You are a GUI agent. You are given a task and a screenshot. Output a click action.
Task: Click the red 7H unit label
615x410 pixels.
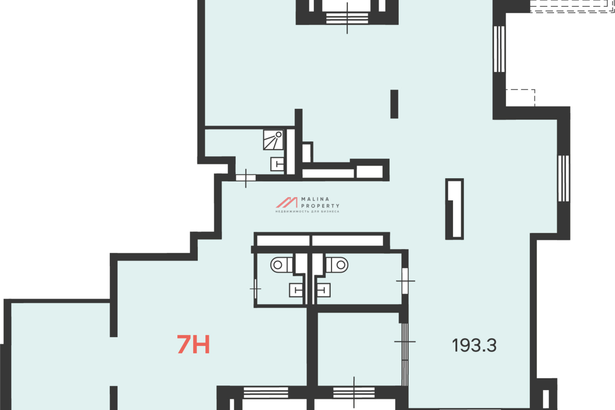click(x=193, y=344)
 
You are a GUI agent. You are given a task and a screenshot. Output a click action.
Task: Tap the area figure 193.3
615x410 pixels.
click(x=474, y=345)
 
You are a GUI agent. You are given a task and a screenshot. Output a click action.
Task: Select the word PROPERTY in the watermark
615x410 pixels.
click(x=320, y=206)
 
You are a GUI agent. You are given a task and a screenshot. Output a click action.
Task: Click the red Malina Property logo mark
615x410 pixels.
click(x=286, y=202)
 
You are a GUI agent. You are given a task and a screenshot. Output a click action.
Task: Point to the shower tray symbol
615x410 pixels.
click(x=273, y=140)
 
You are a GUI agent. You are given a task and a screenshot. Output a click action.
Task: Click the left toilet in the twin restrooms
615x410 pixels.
click(x=281, y=265)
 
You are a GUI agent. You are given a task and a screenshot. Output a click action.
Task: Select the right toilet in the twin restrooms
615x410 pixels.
click(x=337, y=265)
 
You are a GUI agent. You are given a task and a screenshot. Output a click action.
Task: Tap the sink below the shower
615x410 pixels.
click(x=277, y=164)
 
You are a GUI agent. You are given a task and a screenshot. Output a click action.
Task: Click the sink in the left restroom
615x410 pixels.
click(x=296, y=290)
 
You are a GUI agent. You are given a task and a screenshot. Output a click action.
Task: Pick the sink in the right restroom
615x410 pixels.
click(x=324, y=290)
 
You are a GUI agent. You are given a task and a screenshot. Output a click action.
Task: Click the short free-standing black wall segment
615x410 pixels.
click(x=394, y=104)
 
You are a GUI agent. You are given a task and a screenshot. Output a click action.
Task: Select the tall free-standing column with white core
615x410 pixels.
click(x=455, y=209)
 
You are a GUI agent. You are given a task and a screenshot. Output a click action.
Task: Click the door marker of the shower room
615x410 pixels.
click(x=245, y=178)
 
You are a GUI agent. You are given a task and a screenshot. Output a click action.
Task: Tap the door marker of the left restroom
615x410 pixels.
click(x=255, y=289)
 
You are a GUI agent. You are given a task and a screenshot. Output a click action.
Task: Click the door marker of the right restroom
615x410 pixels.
click(x=405, y=281)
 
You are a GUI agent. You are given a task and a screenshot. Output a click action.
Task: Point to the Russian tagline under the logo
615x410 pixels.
click(x=307, y=212)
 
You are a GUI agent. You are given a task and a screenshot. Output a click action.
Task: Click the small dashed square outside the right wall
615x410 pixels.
click(x=521, y=98)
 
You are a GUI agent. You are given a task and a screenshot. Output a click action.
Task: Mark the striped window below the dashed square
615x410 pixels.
click(x=564, y=178)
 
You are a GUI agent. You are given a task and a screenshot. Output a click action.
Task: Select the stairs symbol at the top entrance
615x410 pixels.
click(x=347, y=18)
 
